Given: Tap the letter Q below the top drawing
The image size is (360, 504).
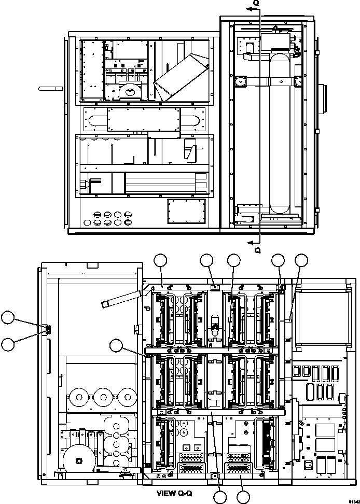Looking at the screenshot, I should pyautogui.click(x=258, y=250).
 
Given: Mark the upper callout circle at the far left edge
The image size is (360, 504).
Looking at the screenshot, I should pyautogui.click(x=8, y=317).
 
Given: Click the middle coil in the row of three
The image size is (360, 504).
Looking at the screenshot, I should pyautogui.click(x=103, y=397).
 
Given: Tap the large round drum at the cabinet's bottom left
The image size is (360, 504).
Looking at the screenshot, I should pyautogui.click(x=79, y=460).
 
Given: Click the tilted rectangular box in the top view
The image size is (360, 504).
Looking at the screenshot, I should pyautogui.click(x=181, y=78).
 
